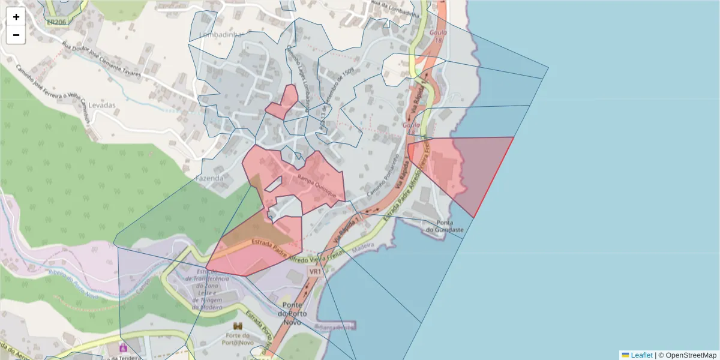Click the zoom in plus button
pyautogui.click(x=16, y=17)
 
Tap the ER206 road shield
pyautogui.click(x=56, y=22)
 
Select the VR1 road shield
pyautogui.click(x=314, y=272)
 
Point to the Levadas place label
pyautogui.click(x=101, y=105)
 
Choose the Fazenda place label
pyautogui.click(x=210, y=178)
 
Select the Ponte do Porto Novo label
pyautogui.click(x=293, y=310)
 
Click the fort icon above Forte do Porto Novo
pyautogui.click(x=238, y=326)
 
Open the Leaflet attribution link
pyautogui.click(x=641, y=355)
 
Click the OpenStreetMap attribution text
pyautogui.click(x=687, y=355)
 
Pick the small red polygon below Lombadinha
pyautogui.click(x=283, y=103)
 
